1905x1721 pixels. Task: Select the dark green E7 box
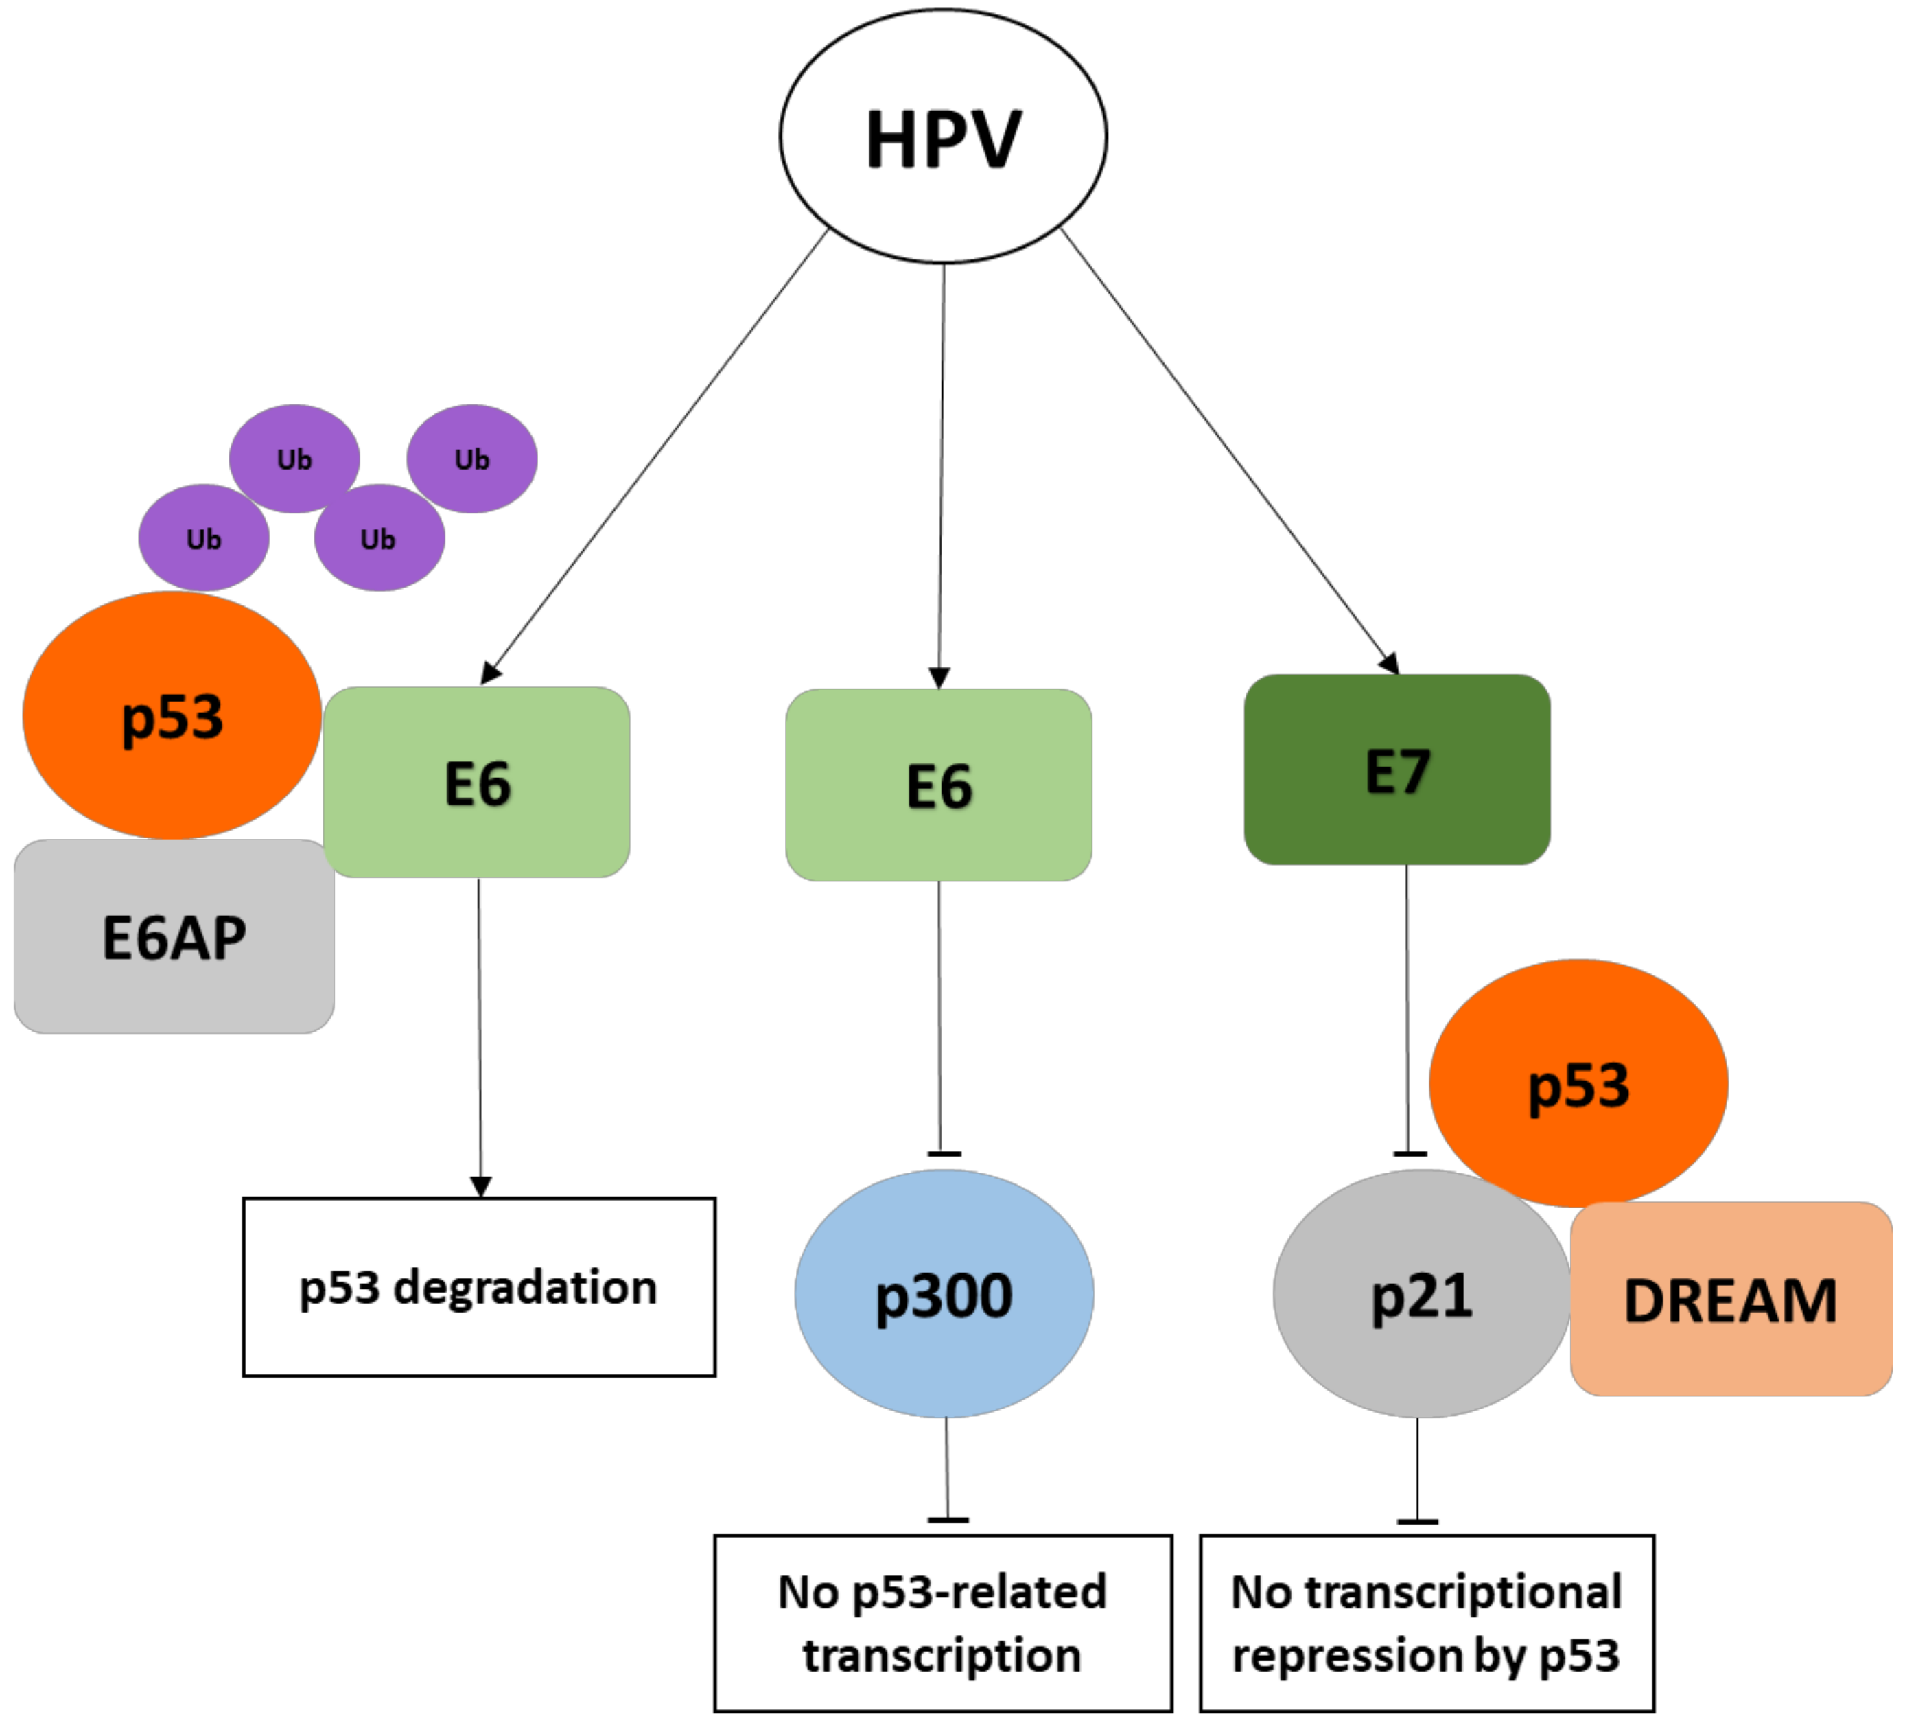point(1396,770)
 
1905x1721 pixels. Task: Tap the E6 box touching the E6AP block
point(477,783)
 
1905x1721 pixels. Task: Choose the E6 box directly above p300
point(938,785)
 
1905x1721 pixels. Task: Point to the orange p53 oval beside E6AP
point(172,715)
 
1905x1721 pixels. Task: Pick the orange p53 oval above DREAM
point(1578,1083)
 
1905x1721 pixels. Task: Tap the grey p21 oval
point(1421,1294)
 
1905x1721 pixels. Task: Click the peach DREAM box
point(1730,1300)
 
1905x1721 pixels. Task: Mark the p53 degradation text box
point(478,1287)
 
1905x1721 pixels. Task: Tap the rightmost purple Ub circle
point(471,459)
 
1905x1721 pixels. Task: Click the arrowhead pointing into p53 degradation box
point(480,1187)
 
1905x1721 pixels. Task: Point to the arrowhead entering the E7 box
point(1390,663)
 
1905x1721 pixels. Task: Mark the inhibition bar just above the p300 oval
point(944,1154)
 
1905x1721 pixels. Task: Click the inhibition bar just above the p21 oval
point(1410,1154)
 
